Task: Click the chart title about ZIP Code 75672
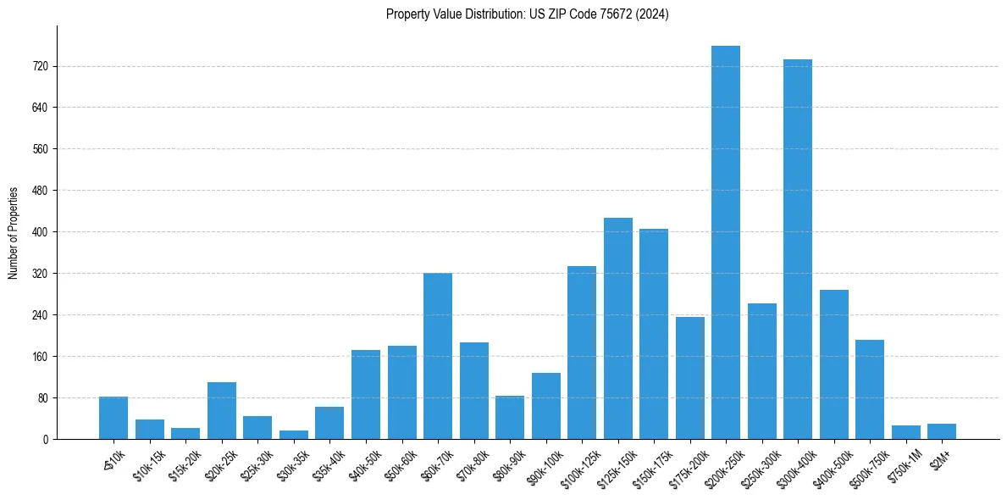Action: click(527, 14)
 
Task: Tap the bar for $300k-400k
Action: click(797, 249)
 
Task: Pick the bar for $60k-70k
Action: click(437, 356)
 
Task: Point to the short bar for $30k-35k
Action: click(294, 435)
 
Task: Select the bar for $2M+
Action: click(941, 431)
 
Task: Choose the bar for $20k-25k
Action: click(222, 411)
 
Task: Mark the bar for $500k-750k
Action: click(869, 390)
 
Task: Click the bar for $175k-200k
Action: click(689, 378)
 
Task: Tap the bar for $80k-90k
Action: click(510, 418)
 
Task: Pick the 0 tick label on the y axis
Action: click(46, 440)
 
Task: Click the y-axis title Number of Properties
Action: click(14, 232)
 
